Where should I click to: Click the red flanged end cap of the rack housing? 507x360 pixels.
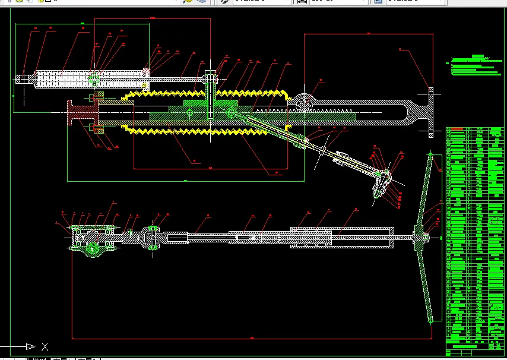pyautogui.click(x=77, y=113)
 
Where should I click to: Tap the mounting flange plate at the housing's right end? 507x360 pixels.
pyautogui.click(x=431, y=113)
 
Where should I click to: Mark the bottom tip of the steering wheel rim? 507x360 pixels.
pyautogui.click(x=431, y=321)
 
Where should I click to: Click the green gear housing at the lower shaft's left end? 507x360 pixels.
pyautogui.click(x=92, y=241)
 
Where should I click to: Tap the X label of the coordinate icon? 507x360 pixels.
pyautogui.click(x=45, y=347)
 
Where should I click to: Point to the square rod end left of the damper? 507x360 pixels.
pyautogui.click(x=23, y=78)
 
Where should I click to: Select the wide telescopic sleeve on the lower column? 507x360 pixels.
pyautogui.click(x=341, y=238)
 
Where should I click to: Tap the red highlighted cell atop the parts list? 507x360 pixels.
pyautogui.click(x=457, y=128)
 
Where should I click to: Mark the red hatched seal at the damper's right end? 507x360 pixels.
pyautogui.click(x=146, y=74)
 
